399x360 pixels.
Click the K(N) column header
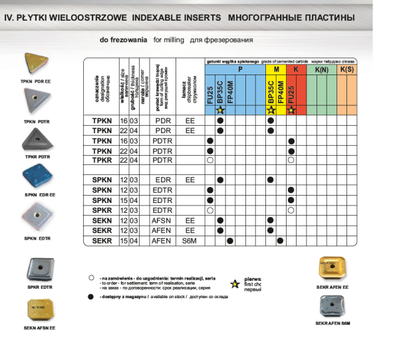[x=322, y=69]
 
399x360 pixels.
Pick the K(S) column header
[x=346, y=69]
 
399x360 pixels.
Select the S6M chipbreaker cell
[x=190, y=240]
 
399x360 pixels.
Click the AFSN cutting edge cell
[x=162, y=220]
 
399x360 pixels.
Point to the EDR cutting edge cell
[x=162, y=180]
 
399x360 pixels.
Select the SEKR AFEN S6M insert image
[x=334, y=305]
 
